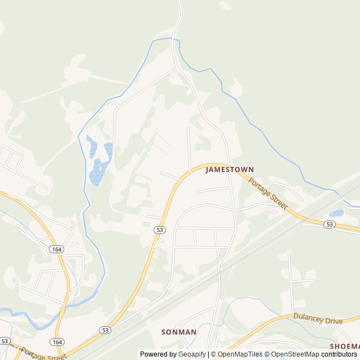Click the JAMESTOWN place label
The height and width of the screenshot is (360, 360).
coord(229,169)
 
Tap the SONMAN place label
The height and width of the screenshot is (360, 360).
coord(179,332)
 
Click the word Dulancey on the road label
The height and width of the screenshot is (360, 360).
coord(309,317)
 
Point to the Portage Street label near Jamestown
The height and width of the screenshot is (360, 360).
coord(268,194)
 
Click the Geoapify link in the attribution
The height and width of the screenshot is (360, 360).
coord(193,354)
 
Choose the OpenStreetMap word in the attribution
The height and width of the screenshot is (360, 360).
coord(295,354)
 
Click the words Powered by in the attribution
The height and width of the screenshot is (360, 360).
coord(159,354)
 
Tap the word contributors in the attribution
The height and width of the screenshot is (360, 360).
coord(339,354)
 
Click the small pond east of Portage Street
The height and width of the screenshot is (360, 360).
coord(336,213)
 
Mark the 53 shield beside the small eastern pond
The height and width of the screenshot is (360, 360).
coord(330,224)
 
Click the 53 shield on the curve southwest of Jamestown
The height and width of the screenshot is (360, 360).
coord(160,229)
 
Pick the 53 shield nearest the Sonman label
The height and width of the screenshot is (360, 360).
coord(105,330)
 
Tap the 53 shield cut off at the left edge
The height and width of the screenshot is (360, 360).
coord(4,341)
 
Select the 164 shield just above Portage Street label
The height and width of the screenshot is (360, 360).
coord(57,341)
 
